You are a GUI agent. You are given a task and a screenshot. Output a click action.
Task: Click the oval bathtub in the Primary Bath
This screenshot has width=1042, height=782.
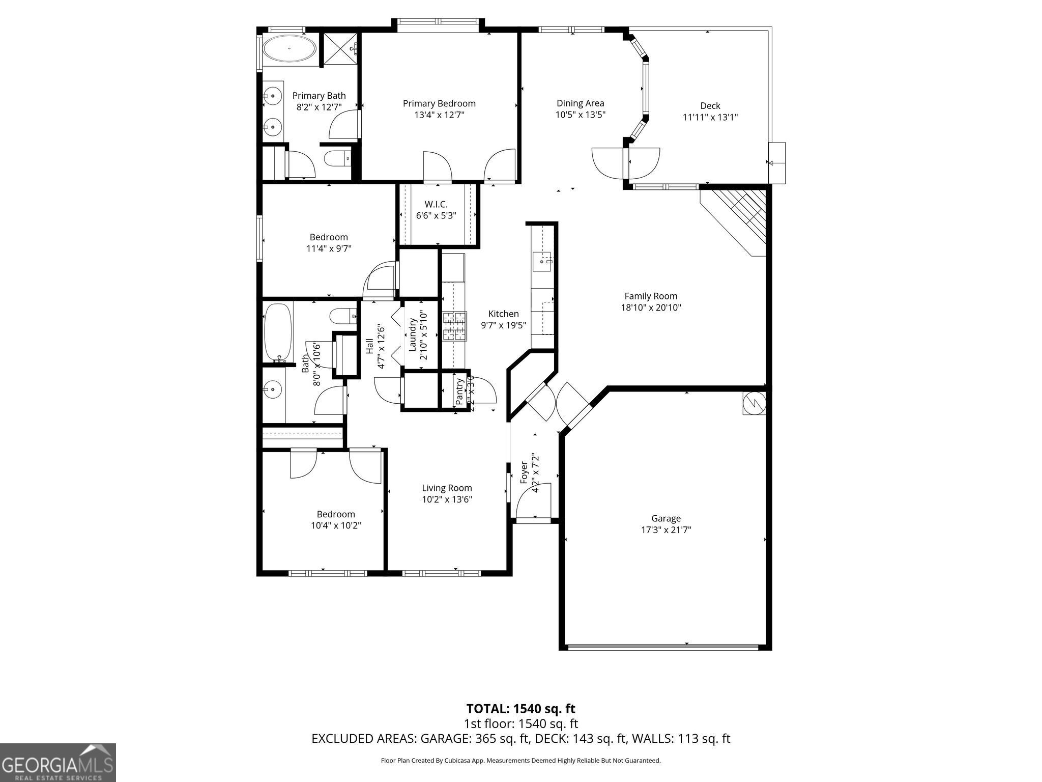[290, 49]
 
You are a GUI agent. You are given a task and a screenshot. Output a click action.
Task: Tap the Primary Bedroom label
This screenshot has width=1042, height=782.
[439, 103]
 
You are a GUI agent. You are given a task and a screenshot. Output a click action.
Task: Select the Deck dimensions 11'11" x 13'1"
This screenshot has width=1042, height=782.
[710, 117]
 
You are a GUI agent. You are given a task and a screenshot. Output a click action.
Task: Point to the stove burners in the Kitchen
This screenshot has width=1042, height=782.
[454, 326]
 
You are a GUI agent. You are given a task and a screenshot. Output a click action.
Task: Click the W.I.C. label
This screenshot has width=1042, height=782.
[436, 204]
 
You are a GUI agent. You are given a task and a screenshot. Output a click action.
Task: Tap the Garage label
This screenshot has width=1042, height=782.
[665, 518]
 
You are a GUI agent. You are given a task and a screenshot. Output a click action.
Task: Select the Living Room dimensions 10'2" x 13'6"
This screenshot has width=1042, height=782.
[447, 499]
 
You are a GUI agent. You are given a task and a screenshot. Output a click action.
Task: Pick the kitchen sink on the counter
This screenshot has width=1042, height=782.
[543, 261]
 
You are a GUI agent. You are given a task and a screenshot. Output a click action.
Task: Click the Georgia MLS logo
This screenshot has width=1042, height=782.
[57, 762]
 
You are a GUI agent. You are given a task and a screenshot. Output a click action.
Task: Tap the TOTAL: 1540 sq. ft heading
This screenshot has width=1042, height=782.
[520, 708]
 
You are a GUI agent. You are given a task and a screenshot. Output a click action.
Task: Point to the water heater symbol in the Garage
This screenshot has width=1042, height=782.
[754, 403]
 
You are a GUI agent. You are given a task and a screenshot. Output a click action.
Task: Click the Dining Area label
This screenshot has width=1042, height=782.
[580, 103]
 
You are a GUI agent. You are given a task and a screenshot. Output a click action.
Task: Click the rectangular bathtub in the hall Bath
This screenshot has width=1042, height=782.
[278, 332]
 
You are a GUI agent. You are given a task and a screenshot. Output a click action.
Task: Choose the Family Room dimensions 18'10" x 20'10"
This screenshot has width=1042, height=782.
[651, 308]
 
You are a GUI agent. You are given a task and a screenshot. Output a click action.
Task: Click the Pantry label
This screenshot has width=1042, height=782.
[459, 392]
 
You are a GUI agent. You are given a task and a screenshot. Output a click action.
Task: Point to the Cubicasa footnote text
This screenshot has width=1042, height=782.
[520, 761]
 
